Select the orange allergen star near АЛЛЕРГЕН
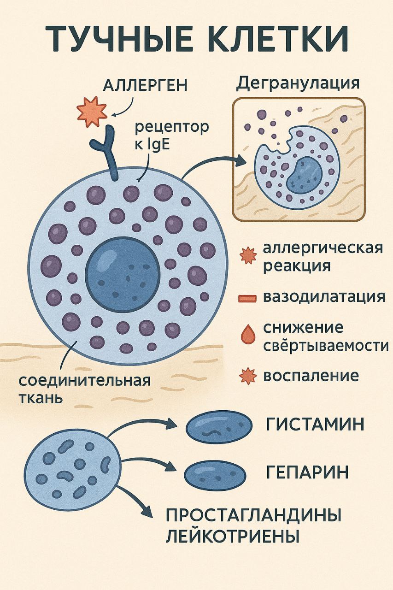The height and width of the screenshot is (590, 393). tap(92, 111)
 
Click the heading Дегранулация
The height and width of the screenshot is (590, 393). tap(298, 83)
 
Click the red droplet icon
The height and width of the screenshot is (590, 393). tap(247, 334)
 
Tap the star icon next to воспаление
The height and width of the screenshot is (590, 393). tap(248, 376)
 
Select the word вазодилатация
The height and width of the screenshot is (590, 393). tap(324, 296)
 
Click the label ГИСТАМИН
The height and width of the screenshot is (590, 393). tap(315, 425)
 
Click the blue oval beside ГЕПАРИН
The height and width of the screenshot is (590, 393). tap(215, 474)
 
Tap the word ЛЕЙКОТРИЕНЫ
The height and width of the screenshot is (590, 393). tap(233, 537)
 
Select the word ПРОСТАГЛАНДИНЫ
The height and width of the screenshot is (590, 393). tap(253, 515)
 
